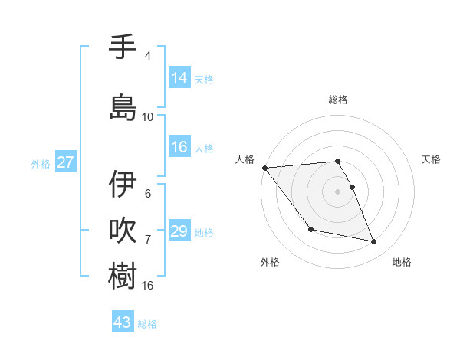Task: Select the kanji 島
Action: pos(123,107)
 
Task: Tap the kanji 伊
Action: pos(123,185)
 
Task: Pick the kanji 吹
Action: pos(123,230)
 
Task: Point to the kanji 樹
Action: pos(123,276)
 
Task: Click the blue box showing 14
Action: pos(179,78)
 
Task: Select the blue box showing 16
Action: pos(179,147)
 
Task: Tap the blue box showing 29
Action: pos(179,231)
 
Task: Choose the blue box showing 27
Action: pos(66,162)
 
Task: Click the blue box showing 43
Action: pos(123,322)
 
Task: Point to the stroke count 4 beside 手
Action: pos(148,56)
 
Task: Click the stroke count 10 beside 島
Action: pos(148,117)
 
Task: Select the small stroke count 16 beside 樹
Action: pos(148,286)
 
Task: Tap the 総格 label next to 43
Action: pos(148,324)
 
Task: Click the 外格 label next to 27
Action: pos(41,163)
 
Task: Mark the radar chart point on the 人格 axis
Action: pos(264,168)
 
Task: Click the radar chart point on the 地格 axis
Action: pos(374,242)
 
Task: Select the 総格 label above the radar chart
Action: pos(338,100)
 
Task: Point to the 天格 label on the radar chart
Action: pos(431,159)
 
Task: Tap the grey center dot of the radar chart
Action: pos(338,191)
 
